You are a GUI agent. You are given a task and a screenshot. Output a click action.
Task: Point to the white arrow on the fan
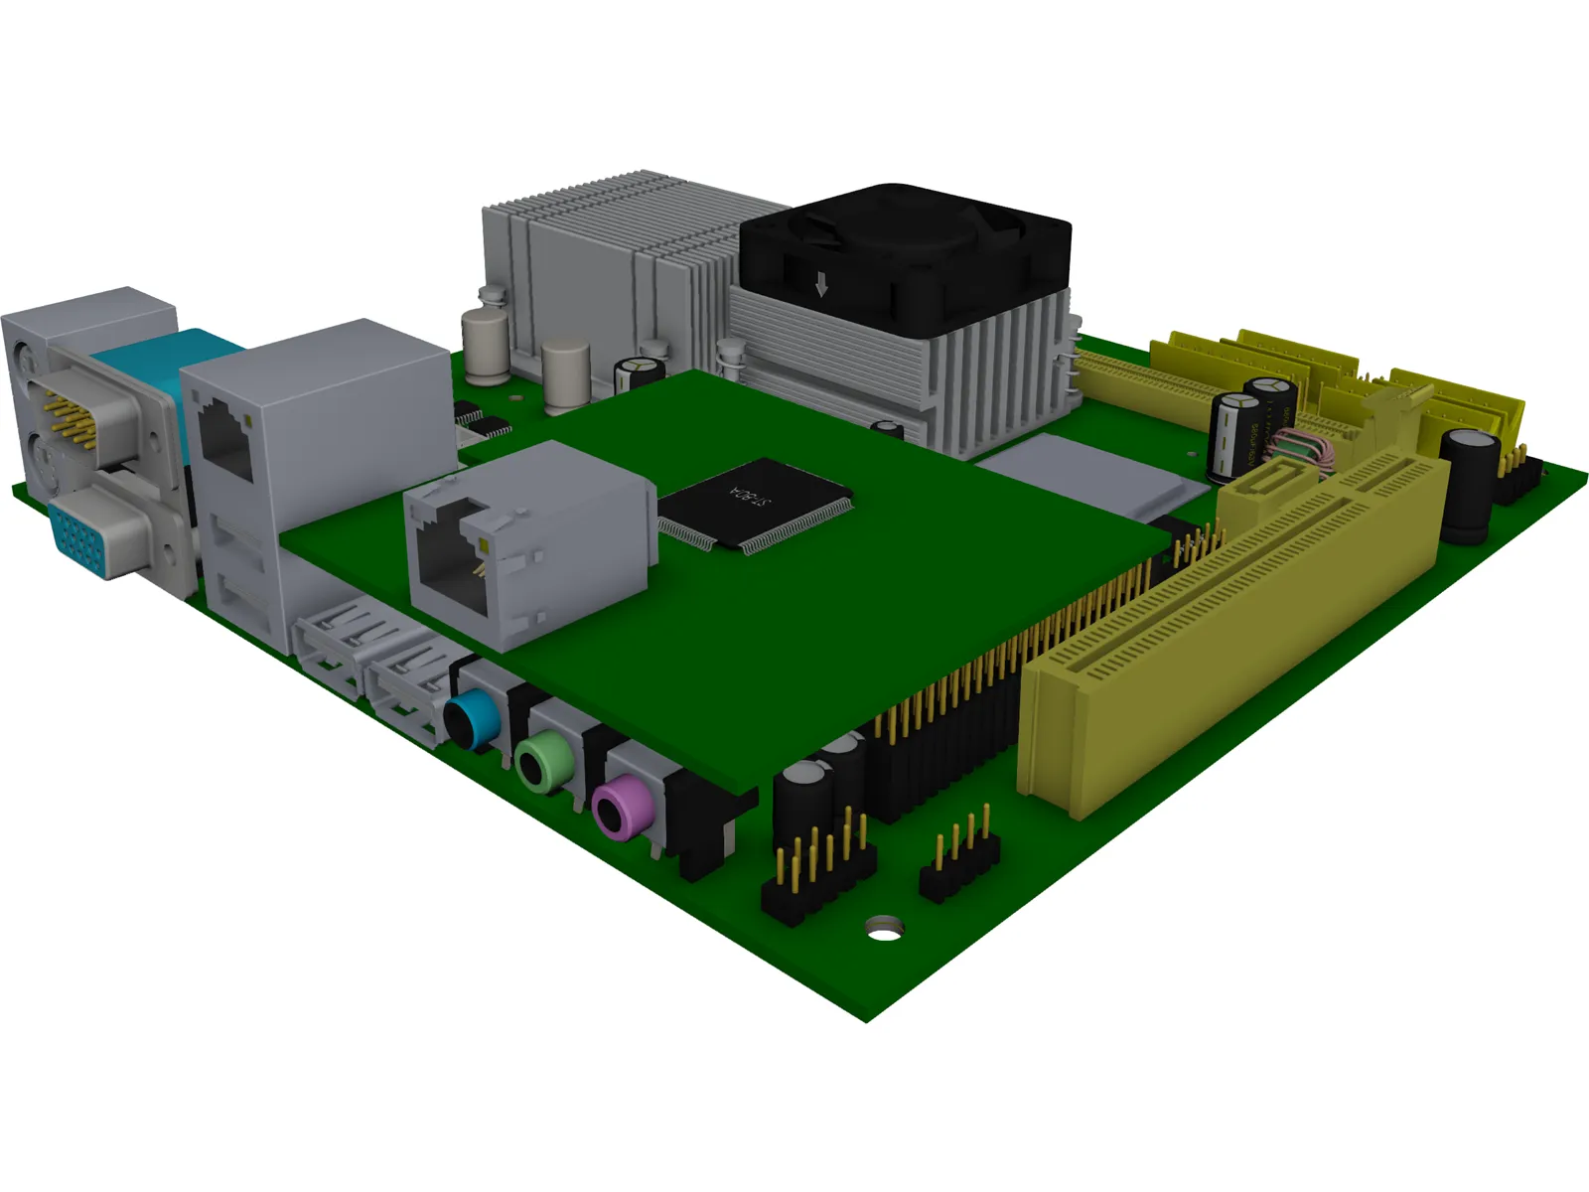point(820,286)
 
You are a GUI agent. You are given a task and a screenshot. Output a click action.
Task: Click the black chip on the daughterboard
point(755,504)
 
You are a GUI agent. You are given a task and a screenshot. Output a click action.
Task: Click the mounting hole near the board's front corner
point(884,929)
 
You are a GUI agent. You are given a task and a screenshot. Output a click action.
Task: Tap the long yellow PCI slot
point(1231,636)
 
